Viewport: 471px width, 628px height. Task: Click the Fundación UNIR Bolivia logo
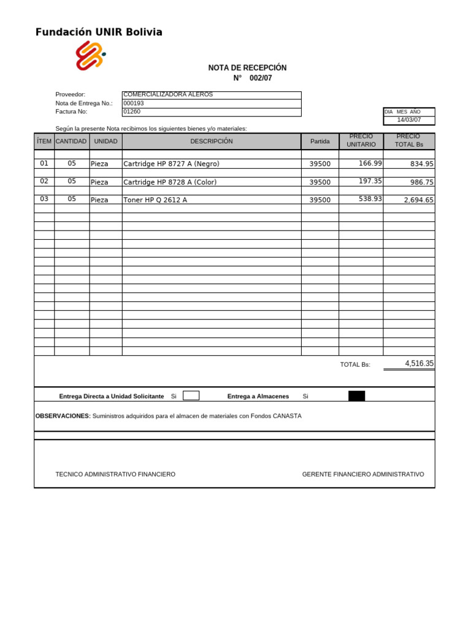90,55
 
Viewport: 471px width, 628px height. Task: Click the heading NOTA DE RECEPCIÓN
247,67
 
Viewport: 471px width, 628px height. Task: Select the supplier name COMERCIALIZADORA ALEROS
168,94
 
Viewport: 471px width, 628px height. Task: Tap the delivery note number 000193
134,104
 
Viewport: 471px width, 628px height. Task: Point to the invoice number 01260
132,112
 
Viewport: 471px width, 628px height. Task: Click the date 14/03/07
408,120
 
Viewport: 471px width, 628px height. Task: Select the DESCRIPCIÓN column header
212,141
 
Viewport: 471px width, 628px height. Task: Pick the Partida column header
320,141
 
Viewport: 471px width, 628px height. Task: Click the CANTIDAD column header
72,141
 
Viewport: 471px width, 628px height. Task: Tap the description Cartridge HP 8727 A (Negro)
171,164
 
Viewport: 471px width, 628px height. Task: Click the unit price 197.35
370,181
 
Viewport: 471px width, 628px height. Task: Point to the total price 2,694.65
418,200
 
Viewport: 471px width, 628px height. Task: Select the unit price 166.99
370,163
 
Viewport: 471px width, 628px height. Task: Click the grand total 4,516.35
419,363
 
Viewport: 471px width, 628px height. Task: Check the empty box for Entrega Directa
191,396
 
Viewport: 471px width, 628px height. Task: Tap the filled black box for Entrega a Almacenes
356,396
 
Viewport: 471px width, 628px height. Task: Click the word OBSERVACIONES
63,416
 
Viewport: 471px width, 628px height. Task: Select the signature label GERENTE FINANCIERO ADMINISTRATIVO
363,474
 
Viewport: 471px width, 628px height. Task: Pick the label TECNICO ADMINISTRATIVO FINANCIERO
115,474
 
